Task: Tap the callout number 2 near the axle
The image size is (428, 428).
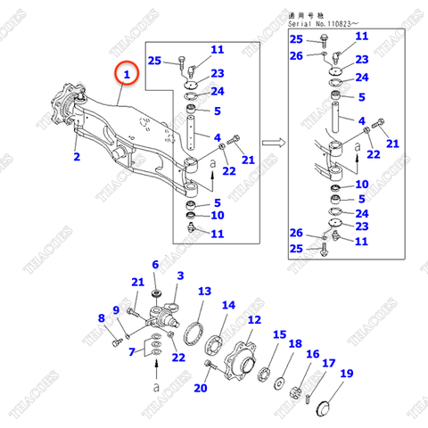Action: [77, 158]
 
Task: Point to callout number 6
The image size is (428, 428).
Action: [155, 265]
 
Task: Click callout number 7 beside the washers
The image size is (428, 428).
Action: [133, 351]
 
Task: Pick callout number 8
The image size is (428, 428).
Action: [101, 317]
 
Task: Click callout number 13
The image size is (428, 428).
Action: [204, 292]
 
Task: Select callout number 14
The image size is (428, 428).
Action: [229, 305]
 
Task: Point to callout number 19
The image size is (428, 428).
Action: [346, 374]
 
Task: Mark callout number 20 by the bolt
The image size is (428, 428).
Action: [200, 387]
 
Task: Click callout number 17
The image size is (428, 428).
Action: [327, 364]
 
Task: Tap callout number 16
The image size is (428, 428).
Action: [312, 354]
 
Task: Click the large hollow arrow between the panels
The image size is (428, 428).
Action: [275, 141]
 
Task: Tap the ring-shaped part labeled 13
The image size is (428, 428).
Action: [193, 334]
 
